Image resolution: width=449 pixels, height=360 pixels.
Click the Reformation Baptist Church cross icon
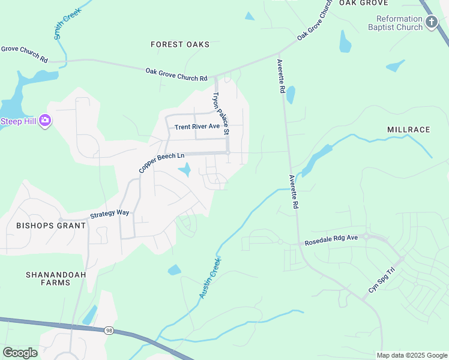click(431, 23)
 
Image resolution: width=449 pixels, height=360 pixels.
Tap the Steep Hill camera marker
click(45, 121)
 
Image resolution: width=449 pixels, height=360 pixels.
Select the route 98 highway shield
click(109, 331)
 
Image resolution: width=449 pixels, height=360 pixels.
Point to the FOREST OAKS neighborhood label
click(180, 44)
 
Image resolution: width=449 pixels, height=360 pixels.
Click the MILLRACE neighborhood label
click(409, 130)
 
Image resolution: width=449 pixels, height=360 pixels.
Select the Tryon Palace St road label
click(220, 113)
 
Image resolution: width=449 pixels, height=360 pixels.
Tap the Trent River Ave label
click(197, 127)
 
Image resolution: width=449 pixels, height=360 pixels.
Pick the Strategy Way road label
click(110, 213)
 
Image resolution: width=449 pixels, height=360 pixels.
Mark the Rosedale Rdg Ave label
click(331, 238)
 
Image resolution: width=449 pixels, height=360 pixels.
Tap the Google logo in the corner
click(20, 352)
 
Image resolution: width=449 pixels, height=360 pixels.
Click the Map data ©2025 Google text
click(411, 355)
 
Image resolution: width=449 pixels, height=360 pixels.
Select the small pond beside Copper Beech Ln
click(185, 170)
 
